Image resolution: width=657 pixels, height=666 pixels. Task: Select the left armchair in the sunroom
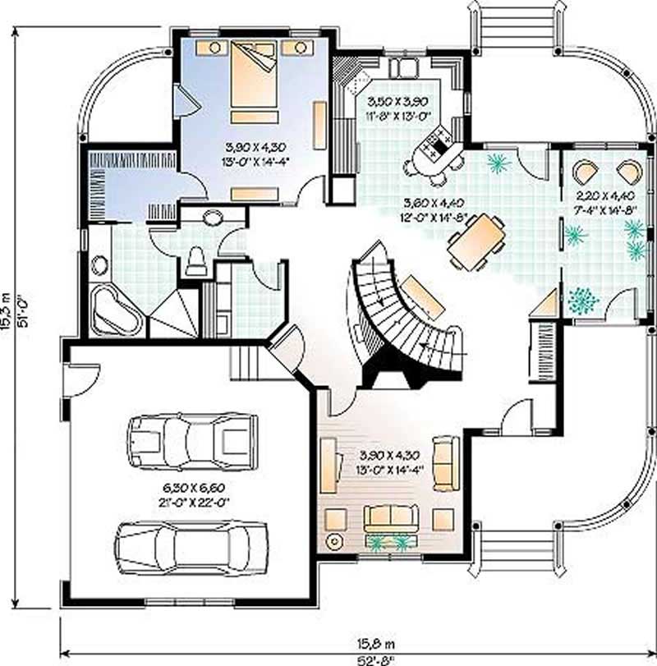click(x=586, y=172)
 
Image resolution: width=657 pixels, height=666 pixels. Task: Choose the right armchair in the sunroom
click(x=628, y=172)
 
